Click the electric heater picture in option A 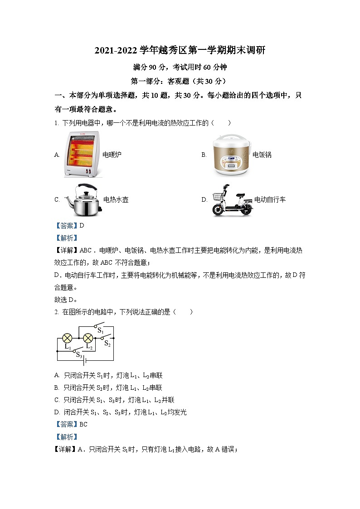click(x=82, y=155)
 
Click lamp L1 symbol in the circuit click(x=68, y=338)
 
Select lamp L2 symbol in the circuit click(x=88, y=338)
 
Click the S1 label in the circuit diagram click(x=101, y=331)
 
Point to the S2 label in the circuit click(x=107, y=344)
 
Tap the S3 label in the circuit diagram click(x=79, y=355)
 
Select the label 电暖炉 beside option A click(x=112, y=155)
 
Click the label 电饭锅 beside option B click(x=262, y=155)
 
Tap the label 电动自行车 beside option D click(x=270, y=199)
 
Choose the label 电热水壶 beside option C click(x=116, y=199)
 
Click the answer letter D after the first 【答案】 click(x=82, y=225)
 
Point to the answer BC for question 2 click(x=83, y=424)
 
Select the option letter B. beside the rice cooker click(x=204, y=155)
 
